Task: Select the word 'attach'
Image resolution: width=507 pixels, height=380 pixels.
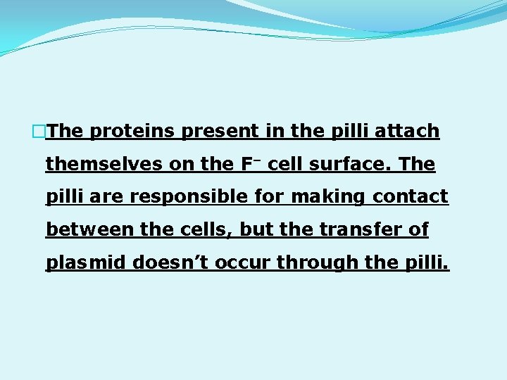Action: [x=408, y=132]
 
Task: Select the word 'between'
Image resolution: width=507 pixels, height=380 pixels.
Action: [x=84, y=230]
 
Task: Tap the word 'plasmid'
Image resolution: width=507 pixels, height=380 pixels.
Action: [x=87, y=262]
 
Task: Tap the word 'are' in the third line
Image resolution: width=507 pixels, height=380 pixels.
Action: [x=106, y=197]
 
